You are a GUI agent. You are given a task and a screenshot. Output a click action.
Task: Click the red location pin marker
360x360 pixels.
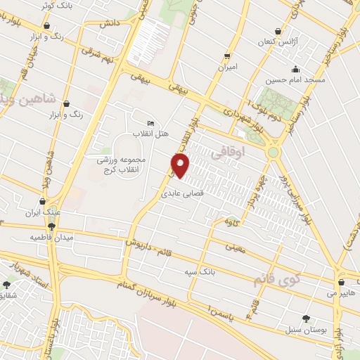tap(181, 166)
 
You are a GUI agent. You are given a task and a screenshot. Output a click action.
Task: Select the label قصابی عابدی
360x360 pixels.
tap(185, 190)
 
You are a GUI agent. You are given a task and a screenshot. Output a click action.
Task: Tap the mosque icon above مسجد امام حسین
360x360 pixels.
tap(295, 69)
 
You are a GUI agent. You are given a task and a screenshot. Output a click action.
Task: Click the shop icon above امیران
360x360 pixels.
tap(226, 55)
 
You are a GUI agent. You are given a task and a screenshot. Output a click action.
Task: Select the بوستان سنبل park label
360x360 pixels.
tap(303, 329)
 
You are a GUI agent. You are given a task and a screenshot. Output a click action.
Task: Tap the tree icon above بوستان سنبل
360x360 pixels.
tap(304, 319)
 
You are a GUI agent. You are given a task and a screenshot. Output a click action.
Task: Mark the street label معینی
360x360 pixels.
tap(235, 247)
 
